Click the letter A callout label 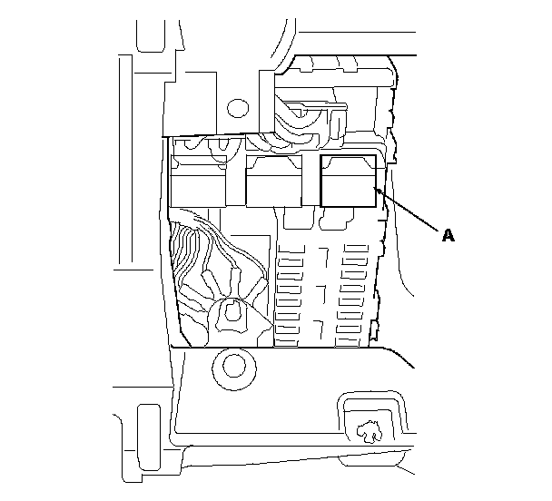coord(447,235)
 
